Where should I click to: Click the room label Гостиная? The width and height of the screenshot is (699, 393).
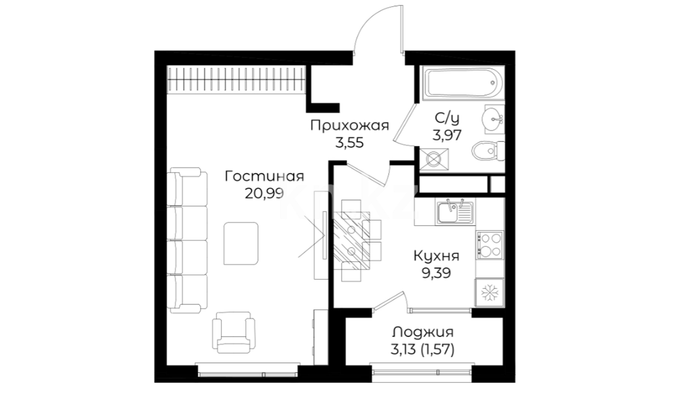pos(264,177)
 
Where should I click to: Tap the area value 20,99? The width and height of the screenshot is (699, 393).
pos(264,193)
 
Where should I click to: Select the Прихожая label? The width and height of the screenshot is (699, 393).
pos(349,126)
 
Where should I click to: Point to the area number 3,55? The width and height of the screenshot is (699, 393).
pos(349,143)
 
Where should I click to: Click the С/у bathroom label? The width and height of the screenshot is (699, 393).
pos(447,119)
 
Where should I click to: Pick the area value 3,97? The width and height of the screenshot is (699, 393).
pos(447,135)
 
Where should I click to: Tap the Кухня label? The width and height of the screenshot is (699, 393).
pos(437,256)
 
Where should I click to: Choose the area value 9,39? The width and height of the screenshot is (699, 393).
pos(437,273)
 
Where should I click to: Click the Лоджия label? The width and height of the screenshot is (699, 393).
pos(423,332)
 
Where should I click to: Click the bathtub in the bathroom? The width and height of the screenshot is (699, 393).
pos(462,83)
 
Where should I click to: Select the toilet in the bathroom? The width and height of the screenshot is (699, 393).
pos(489,150)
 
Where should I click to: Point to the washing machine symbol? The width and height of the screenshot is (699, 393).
pos(434,159)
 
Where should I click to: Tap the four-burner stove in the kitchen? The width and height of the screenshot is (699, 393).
pos(490,245)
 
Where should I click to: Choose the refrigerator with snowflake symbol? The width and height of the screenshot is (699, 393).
pos(490,293)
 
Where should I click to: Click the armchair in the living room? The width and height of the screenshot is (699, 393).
pos(234,332)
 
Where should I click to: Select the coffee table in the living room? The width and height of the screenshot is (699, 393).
pos(241,244)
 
